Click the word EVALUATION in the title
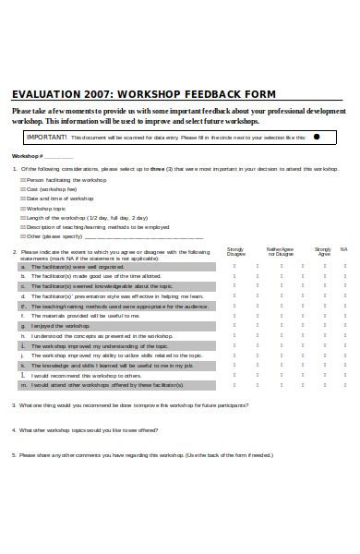coord(44,93)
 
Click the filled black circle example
coord(318,136)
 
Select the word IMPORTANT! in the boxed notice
coord(46,136)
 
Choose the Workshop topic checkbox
coord(23,208)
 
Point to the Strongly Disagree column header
coord(235,250)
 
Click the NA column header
coord(343,248)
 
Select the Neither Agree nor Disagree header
coord(281,250)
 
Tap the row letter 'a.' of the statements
coord(22,265)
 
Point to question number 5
coord(14,454)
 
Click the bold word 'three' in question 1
coord(157,169)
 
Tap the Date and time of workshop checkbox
coord(23,199)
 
